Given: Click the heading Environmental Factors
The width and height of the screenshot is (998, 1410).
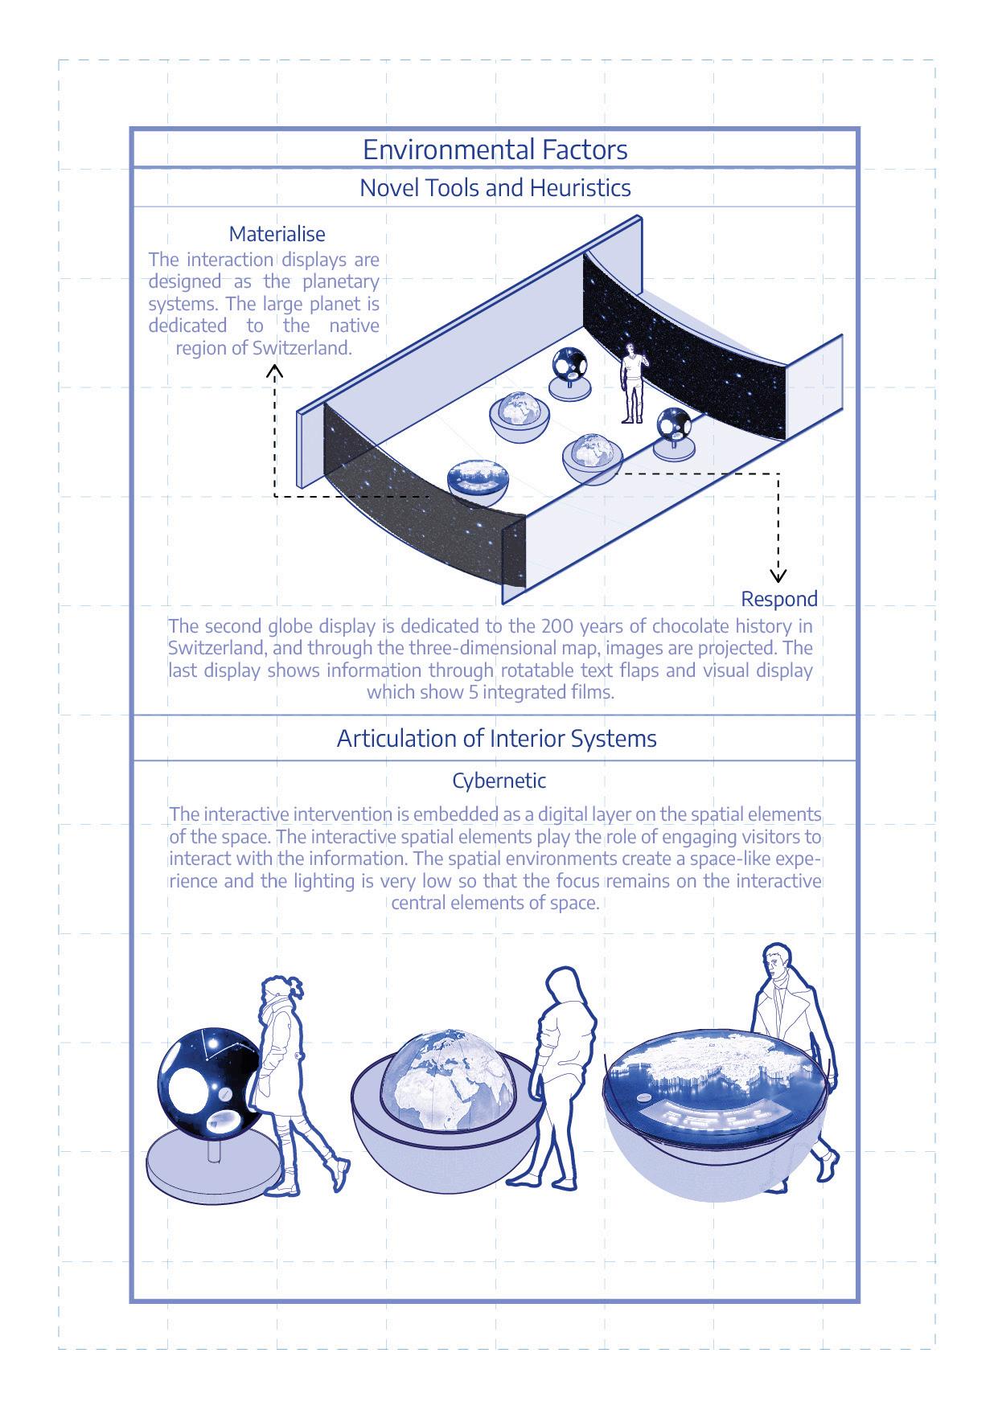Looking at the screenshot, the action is [495, 150].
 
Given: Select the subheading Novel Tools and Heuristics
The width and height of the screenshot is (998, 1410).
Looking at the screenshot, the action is [495, 187].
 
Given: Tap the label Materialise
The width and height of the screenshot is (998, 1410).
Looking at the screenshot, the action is [277, 234].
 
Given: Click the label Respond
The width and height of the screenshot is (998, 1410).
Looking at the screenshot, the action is [778, 599].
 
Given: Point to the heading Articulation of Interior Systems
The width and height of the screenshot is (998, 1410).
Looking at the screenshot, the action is [496, 739].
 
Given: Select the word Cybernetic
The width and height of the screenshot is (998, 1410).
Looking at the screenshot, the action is [499, 780].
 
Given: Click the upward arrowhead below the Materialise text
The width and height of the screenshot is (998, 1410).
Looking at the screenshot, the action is [275, 370].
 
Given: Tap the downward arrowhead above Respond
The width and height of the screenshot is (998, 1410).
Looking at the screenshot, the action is [778, 575].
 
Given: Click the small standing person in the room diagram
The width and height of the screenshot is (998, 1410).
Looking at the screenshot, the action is [633, 382].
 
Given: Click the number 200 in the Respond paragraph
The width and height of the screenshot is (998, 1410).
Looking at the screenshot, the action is [556, 625].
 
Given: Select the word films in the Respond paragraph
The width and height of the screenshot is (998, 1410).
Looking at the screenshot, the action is [592, 692].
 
